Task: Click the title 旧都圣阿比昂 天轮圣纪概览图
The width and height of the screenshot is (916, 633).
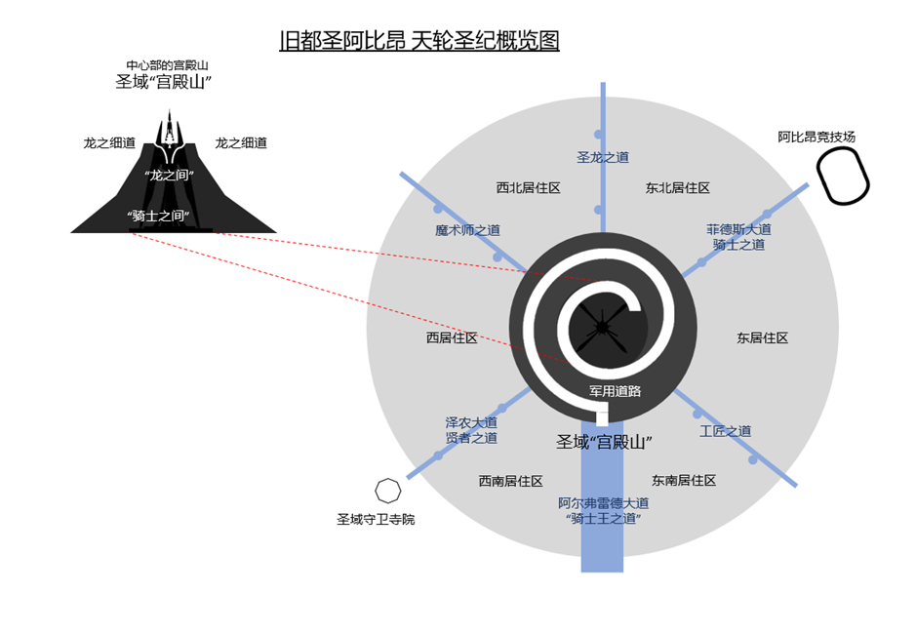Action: pyautogui.click(x=418, y=42)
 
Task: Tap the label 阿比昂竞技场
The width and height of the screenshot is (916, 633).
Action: pyautogui.click(x=816, y=137)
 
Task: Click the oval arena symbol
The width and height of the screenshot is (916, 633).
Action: pyautogui.click(x=842, y=176)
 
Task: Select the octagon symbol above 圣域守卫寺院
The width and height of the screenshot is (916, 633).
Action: pyautogui.click(x=387, y=490)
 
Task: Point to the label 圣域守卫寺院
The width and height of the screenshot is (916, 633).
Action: pyautogui.click(x=376, y=519)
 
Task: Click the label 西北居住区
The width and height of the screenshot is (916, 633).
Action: pyautogui.click(x=528, y=187)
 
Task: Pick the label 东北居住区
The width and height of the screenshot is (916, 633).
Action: pyautogui.click(x=677, y=187)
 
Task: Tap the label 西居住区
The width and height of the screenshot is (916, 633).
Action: pyautogui.click(x=452, y=337)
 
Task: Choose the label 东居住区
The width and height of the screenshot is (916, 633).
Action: pyautogui.click(x=762, y=337)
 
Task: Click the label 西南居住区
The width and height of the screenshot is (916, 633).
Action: pyautogui.click(x=510, y=481)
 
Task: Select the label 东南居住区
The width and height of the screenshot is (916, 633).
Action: pyautogui.click(x=684, y=480)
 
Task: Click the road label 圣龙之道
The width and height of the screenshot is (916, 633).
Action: pyautogui.click(x=603, y=156)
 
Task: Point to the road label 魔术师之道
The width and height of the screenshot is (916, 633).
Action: pyautogui.click(x=467, y=230)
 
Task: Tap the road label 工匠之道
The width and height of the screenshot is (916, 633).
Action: pyautogui.click(x=725, y=430)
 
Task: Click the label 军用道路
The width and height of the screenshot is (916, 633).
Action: pyautogui.click(x=615, y=391)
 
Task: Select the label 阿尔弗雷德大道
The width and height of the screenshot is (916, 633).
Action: pyautogui.click(x=603, y=502)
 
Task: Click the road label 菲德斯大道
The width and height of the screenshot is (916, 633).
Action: pyautogui.click(x=738, y=229)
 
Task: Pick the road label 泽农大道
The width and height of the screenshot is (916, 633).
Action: pyautogui.click(x=471, y=422)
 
